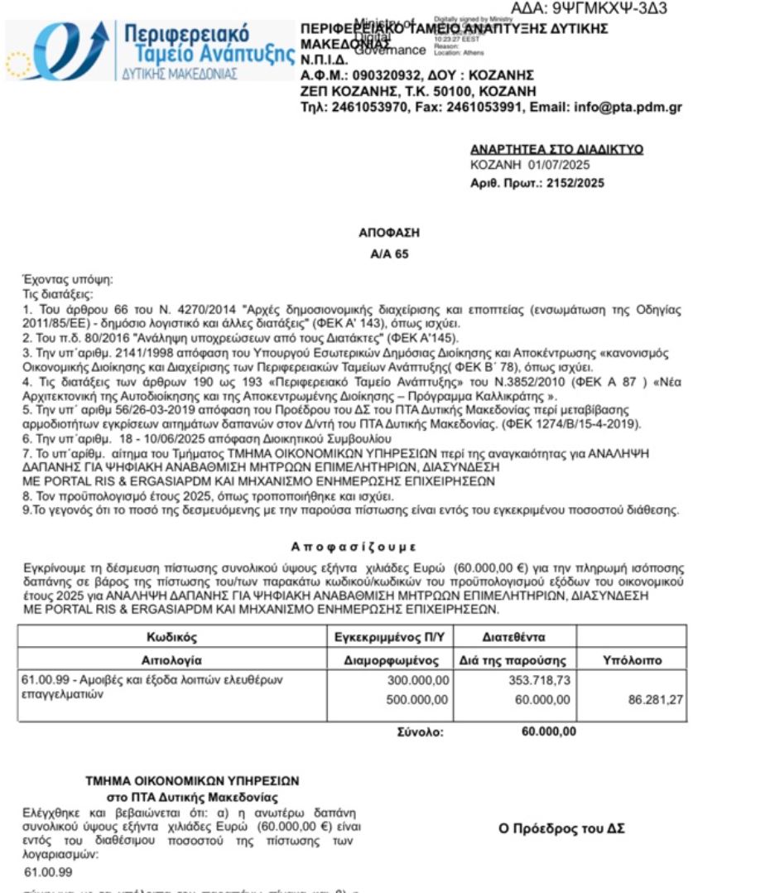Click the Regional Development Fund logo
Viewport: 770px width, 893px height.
[x=149, y=51]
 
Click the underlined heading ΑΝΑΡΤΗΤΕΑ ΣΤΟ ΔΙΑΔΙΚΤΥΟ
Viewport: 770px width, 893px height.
[x=556, y=150]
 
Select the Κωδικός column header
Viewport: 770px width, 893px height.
[x=172, y=638]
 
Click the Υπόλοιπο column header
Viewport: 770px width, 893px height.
[x=631, y=660]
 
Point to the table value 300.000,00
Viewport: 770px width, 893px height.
[x=418, y=680]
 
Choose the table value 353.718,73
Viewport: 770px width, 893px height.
[x=539, y=680]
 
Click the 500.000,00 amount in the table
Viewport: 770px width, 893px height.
[x=418, y=701]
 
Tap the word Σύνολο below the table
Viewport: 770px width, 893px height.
[x=421, y=732]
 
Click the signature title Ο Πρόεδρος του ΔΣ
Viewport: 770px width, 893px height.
[x=561, y=828]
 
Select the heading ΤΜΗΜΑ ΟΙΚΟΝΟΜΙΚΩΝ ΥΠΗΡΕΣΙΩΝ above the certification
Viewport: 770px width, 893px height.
[x=192, y=780]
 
